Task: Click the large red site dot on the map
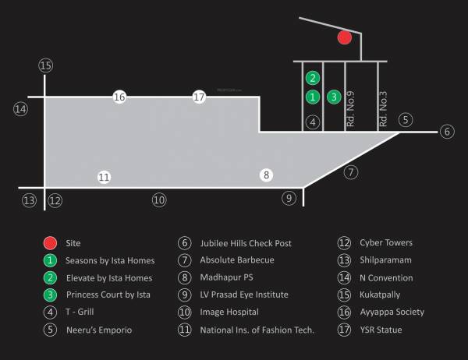pyautogui.click(x=344, y=37)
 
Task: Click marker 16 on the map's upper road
pyautogui.click(x=119, y=97)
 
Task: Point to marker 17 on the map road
pyautogui.click(x=199, y=97)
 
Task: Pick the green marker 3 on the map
pyautogui.click(x=334, y=97)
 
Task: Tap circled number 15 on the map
pyautogui.click(x=45, y=65)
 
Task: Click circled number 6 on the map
pyautogui.click(x=447, y=132)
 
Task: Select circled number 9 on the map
pyautogui.click(x=289, y=198)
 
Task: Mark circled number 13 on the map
pyautogui.click(x=29, y=200)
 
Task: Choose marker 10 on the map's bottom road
pyautogui.click(x=159, y=200)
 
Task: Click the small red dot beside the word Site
pyautogui.click(x=50, y=243)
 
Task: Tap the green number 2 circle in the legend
pyautogui.click(x=50, y=277)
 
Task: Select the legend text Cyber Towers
pyautogui.click(x=386, y=243)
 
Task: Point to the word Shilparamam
pyautogui.click(x=386, y=260)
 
